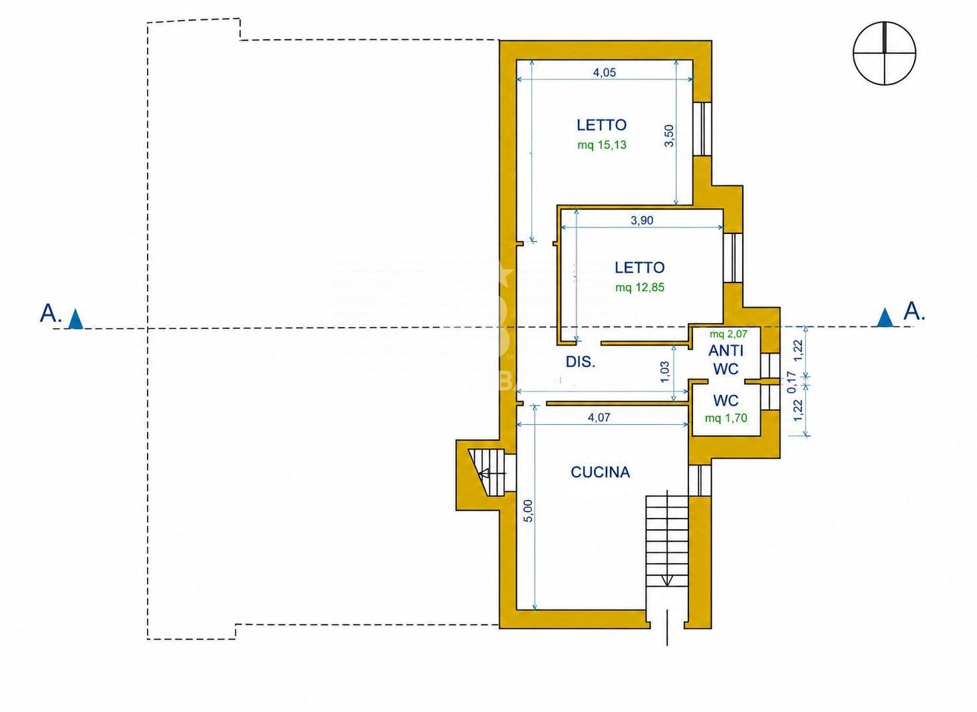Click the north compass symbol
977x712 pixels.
(x=884, y=53)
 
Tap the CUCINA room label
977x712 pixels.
(x=600, y=472)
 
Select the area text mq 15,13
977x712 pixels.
(x=602, y=145)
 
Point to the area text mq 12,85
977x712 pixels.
(x=640, y=287)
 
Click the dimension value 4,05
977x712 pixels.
(x=604, y=72)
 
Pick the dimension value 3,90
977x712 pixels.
(x=642, y=221)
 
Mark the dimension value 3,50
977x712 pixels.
(x=669, y=136)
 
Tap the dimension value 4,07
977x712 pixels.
(x=599, y=417)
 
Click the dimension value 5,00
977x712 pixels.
(x=528, y=511)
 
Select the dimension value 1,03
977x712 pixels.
(x=664, y=372)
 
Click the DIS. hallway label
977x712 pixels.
(x=581, y=362)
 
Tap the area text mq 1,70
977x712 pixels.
(x=726, y=418)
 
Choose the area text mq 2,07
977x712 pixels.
(x=728, y=334)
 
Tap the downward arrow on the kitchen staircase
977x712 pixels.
(x=667, y=581)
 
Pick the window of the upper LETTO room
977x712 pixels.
(x=702, y=128)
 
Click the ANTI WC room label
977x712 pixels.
(x=726, y=359)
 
